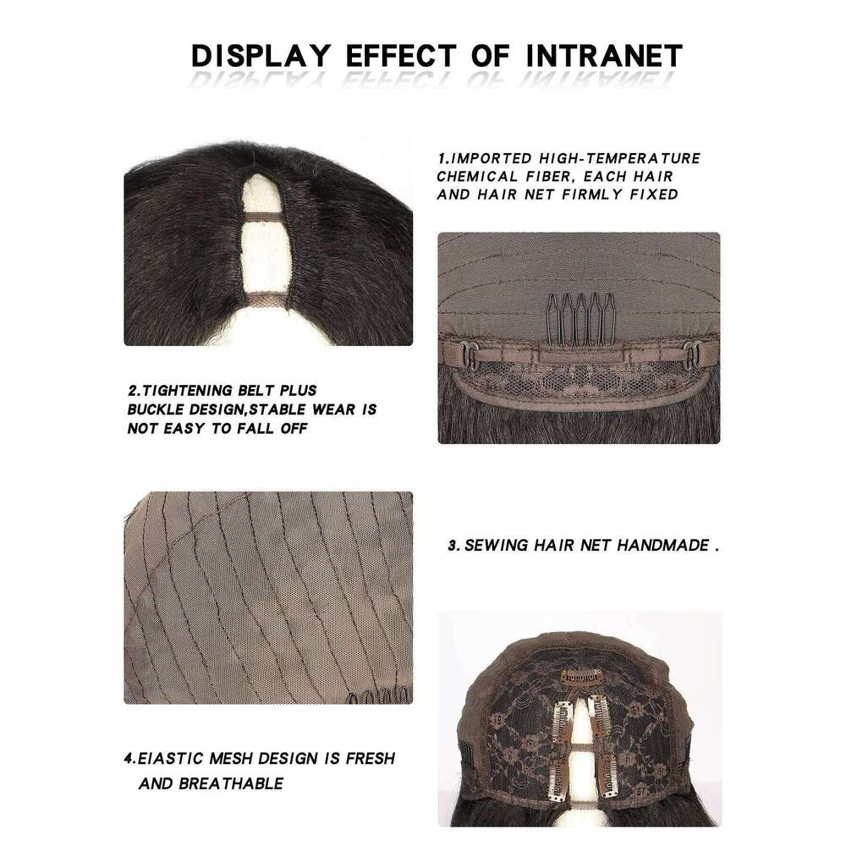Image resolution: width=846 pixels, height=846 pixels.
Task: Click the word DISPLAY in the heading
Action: pos(261,56)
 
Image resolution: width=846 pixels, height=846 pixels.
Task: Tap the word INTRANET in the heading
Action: pos(604,56)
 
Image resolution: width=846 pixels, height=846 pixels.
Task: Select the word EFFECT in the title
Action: pos(401,56)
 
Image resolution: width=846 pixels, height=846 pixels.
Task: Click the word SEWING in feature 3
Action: pos(496,546)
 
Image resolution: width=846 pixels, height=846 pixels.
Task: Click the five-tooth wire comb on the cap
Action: pos(580,319)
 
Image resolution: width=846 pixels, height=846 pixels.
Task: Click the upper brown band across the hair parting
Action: pos(263,217)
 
